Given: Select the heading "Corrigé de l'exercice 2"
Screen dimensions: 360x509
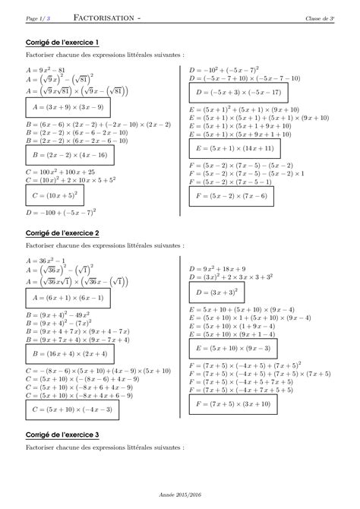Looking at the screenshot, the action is pos(55,232).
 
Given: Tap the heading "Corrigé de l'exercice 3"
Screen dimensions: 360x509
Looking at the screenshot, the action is pos(55,434).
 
